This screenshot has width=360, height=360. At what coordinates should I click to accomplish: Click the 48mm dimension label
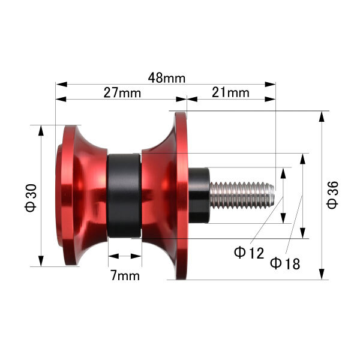[x=166, y=78]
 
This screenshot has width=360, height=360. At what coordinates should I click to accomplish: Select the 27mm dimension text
[x=122, y=93]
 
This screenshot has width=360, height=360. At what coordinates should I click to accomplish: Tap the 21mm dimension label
[x=230, y=93]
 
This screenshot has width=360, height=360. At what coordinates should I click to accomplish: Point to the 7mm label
[x=125, y=275]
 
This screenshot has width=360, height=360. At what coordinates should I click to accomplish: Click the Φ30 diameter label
[x=31, y=197]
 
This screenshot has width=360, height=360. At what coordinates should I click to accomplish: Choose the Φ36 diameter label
[x=332, y=195]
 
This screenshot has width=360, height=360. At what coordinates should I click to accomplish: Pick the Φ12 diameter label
[x=249, y=253]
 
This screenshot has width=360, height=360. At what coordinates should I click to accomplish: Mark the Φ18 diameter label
[x=285, y=263]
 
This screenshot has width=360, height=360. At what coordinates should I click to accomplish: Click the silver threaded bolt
[x=242, y=195]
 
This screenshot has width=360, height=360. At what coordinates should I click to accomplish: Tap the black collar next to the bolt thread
[x=199, y=196]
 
